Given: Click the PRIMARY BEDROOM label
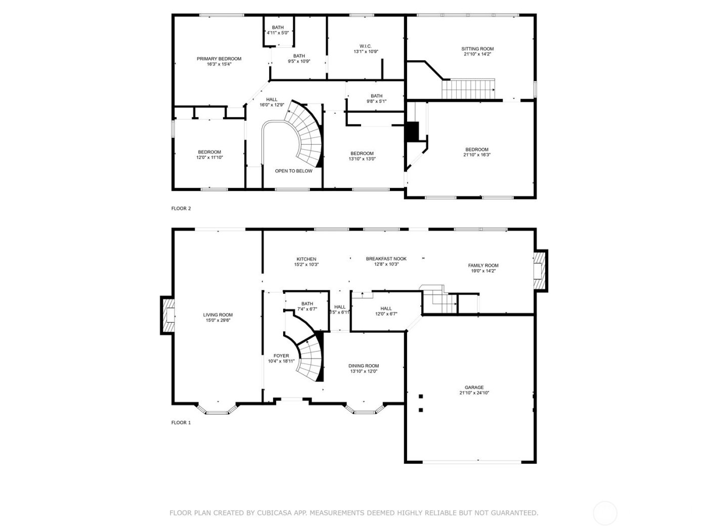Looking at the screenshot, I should point(218,59).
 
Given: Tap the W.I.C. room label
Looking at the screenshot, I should point(366,46).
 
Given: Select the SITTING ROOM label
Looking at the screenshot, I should point(477,49).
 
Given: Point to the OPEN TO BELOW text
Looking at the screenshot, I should point(293,171).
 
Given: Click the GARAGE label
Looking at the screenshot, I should point(474,387).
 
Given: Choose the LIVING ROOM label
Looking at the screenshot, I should point(218,315).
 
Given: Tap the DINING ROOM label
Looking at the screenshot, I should point(363,366).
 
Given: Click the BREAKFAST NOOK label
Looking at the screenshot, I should point(386,258).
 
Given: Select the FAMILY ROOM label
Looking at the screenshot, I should point(483,265).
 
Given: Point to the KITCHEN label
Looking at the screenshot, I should point(306,259).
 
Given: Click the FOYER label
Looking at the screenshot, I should point(281,356).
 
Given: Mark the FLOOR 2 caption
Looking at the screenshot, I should point(181,208).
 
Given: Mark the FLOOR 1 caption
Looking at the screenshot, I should point(181,423).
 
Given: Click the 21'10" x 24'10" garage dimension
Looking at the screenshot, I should point(474,393).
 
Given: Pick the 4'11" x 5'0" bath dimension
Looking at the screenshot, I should point(278,33).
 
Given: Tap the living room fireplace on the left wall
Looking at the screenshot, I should point(168,315).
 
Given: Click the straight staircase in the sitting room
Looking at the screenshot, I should point(468,89).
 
